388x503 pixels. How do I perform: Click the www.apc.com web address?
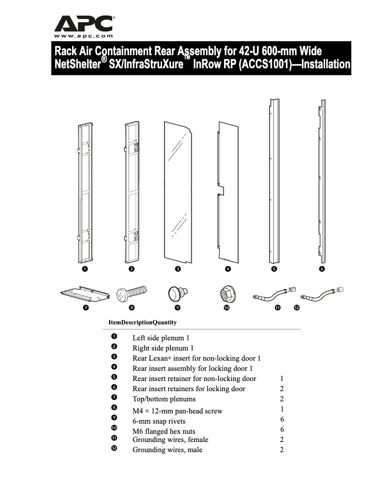[84, 36]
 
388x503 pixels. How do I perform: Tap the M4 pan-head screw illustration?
[132, 293]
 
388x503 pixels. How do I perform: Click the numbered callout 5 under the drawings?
[274, 269]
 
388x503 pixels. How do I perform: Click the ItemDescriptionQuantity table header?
[143, 322]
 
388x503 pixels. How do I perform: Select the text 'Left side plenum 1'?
[163, 338]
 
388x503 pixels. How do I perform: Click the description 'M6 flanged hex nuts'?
[164, 431]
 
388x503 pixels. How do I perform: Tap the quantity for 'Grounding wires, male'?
[282, 450]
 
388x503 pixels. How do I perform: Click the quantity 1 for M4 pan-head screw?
[282, 409]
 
